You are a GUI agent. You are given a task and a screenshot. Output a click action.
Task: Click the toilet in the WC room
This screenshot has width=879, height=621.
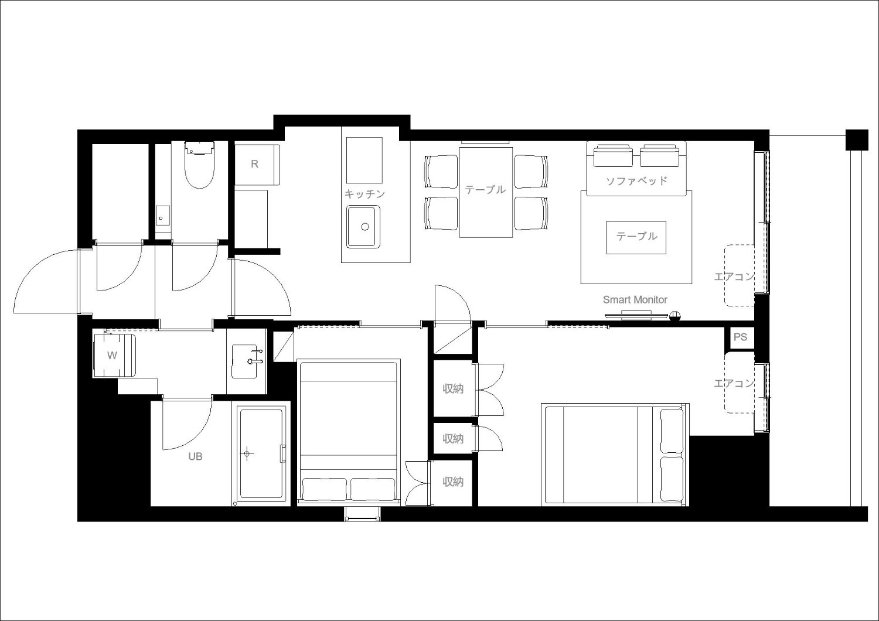point(199,165)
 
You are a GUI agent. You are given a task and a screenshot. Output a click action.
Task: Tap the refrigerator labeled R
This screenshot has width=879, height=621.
point(257,165)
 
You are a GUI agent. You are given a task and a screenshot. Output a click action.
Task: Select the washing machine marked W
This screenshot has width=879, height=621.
point(114,356)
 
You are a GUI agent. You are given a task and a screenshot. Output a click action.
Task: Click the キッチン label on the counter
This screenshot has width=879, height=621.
point(364,194)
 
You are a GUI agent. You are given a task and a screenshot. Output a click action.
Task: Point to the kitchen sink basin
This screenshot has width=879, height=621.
point(363,227)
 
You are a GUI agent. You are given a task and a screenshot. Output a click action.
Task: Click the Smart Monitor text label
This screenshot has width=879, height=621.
point(635,300)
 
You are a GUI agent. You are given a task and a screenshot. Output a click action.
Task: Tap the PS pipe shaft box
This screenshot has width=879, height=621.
point(740,337)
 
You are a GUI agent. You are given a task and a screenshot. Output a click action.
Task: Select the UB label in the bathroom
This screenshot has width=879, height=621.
point(195,456)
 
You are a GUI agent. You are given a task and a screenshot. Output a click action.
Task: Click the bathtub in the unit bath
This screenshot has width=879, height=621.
point(261,454)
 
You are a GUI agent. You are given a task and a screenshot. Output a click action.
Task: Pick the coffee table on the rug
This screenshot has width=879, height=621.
point(636,237)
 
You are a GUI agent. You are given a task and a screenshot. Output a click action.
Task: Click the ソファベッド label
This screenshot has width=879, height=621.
point(636,181)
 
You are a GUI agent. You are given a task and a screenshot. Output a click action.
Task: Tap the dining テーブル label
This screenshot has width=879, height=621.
point(485,190)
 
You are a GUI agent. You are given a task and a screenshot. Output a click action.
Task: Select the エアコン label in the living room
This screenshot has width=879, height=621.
point(734,277)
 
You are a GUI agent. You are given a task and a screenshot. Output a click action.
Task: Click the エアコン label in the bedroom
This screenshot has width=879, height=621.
point(734,383)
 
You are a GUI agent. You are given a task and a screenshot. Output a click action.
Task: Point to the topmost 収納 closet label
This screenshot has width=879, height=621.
point(453,389)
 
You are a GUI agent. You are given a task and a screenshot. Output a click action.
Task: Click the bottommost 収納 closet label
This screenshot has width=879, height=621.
point(453,482)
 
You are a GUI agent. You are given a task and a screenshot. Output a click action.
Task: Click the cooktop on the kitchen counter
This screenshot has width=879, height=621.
point(364,160)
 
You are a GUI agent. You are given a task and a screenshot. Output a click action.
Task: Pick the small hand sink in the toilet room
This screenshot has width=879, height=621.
point(162,216)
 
